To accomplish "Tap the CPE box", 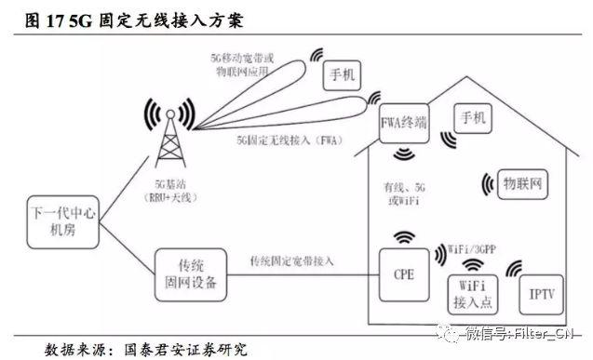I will (404, 276).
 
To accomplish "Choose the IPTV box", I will (541, 295).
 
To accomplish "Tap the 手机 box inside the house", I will (470, 119).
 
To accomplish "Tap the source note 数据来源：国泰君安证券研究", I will (147, 350).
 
